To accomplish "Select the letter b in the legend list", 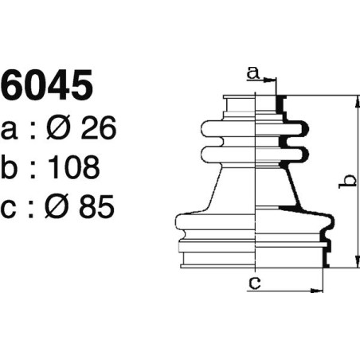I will pyautogui.click(x=10, y=167).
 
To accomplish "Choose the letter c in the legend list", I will pyautogui.click(x=10, y=209).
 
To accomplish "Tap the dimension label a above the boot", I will pyautogui.click(x=252, y=73).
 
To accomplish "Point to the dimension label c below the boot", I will pyautogui.click(x=253, y=281).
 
